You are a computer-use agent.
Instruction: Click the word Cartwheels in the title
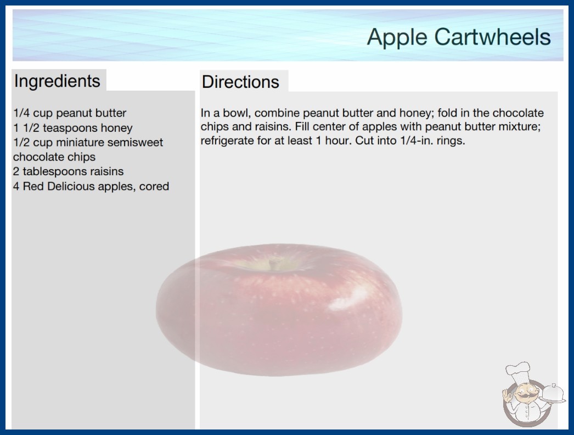(x=492, y=37)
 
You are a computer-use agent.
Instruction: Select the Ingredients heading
(x=57, y=81)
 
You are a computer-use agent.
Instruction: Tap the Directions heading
(x=240, y=82)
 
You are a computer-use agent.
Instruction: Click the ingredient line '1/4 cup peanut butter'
(x=70, y=113)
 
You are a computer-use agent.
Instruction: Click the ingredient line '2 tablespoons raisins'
(x=69, y=171)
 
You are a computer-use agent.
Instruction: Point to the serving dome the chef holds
(x=553, y=393)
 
